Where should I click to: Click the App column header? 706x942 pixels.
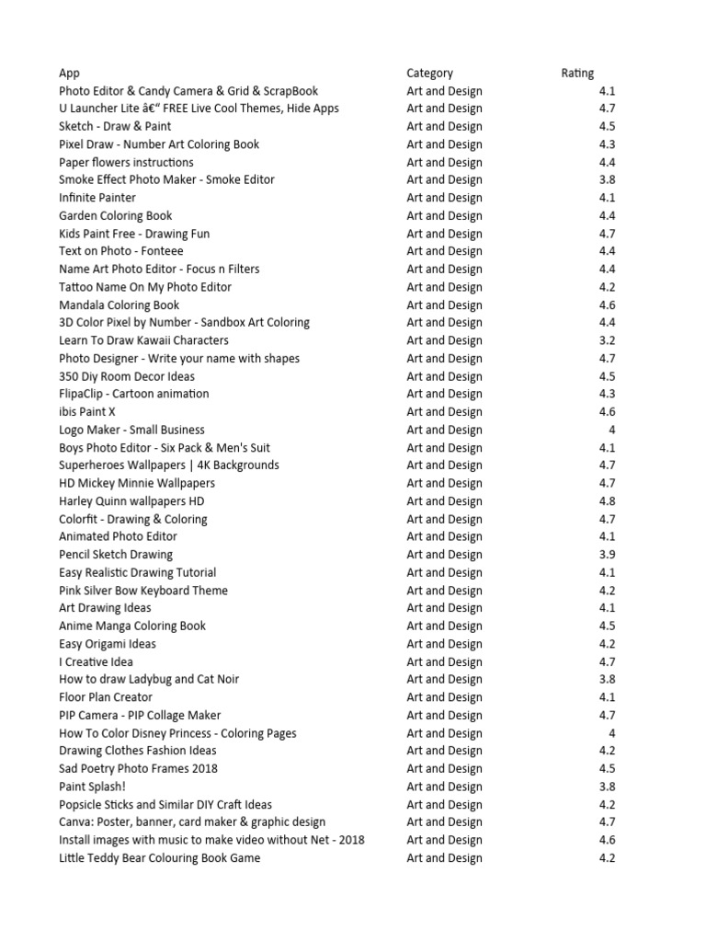click(69, 73)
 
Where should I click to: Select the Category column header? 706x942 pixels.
click(429, 73)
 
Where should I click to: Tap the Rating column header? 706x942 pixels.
click(577, 73)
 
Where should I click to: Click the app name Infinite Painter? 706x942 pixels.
click(97, 198)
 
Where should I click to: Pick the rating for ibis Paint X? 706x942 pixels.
click(607, 412)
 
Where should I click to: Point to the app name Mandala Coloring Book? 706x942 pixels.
click(119, 305)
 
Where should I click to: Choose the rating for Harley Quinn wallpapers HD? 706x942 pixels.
click(607, 501)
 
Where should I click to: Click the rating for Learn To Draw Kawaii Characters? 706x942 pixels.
click(607, 340)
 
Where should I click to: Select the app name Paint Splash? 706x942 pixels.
click(92, 787)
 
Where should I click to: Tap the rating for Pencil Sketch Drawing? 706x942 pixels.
click(607, 555)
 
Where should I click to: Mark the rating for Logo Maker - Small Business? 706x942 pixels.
click(611, 430)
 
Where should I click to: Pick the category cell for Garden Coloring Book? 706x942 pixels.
click(444, 216)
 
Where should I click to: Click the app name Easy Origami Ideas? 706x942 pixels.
click(107, 644)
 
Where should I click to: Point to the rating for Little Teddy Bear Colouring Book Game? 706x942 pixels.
click(607, 858)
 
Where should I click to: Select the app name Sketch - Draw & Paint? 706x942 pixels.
click(115, 127)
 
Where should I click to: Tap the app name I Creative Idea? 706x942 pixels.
click(96, 661)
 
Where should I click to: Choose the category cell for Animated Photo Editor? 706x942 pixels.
click(444, 536)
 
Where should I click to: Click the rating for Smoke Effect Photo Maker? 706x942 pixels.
click(607, 180)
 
